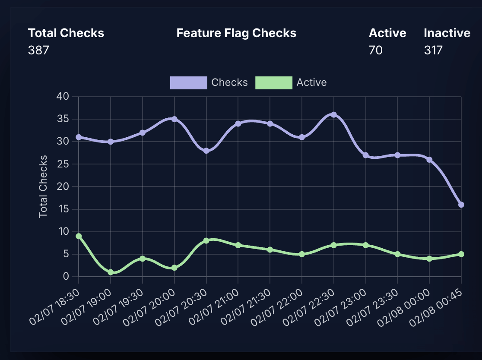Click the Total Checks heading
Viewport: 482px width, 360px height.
(66, 33)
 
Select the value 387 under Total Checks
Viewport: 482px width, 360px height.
(38, 51)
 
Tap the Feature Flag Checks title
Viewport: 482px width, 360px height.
(236, 33)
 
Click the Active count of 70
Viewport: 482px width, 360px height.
(375, 51)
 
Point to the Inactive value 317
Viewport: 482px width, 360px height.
(433, 51)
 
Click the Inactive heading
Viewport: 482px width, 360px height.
(447, 33)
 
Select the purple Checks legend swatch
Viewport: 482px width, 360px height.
(188, 82)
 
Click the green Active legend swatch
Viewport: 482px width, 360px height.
(274, 82)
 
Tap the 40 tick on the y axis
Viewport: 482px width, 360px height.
(63, 96)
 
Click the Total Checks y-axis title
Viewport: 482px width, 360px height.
(43, 186)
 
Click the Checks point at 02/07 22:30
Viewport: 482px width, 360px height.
(333, 115)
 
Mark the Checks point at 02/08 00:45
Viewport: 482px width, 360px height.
(461, 205)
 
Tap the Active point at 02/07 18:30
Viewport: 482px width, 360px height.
(79, 236)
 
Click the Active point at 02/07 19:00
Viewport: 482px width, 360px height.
(111, 272)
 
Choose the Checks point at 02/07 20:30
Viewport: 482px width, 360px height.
(206, 151)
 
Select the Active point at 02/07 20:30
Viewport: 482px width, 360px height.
(206, 240)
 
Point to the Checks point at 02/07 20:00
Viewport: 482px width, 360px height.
(174, 119)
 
